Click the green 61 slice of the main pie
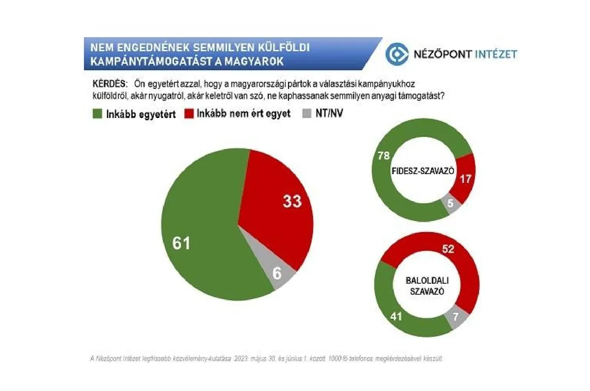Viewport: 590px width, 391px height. (206, 246)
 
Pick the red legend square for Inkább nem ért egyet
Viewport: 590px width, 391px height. (189, 114)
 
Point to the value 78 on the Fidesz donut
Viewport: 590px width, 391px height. (383, 156)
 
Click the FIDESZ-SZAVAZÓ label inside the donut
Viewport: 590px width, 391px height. (423, 171)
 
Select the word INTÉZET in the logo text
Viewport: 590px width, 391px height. (496, 54)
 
